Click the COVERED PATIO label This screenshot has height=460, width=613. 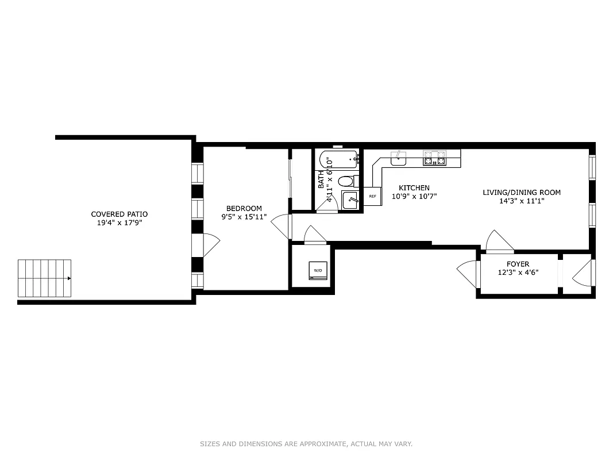[x=119, y=214]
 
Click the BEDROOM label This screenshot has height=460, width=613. [x=244, y=208]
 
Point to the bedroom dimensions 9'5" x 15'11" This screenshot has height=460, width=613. [x=244, y=217]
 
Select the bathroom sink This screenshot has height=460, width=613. [x=350, y=201]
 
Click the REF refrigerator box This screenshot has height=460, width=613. [x=372, y=197]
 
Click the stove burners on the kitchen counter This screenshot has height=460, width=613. [x=434, y=158]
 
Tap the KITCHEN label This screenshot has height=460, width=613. [x=414, y=188]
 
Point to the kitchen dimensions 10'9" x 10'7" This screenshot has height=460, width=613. [x=414, y=196]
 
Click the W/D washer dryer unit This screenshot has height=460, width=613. [x=318, y=270]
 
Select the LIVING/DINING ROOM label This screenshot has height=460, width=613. [x=521, y=193]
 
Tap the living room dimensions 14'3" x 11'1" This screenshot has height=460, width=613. [x=521, y=201]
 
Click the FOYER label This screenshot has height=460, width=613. [x=518, y=264]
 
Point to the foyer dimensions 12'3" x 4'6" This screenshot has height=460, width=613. [x=518, y=273]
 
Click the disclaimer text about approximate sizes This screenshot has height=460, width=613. [x=306, y=444]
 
